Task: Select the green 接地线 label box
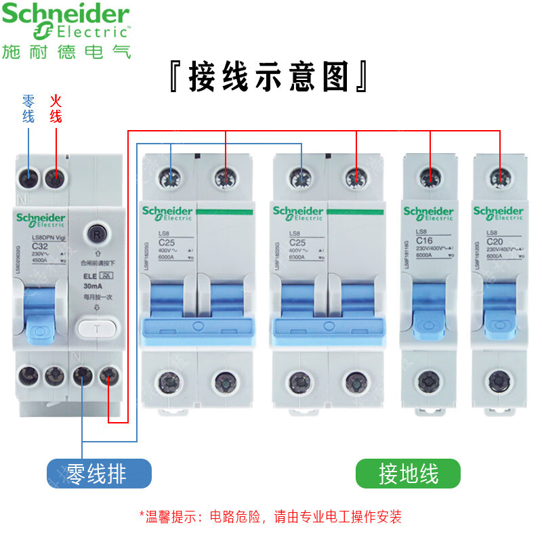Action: [408, 474]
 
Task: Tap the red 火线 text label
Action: [56, 108]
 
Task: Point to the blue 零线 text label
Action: [28, 108]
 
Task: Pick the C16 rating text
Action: [425, 241]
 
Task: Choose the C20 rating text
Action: [495, 241]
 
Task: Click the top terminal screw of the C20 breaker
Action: [499, 178]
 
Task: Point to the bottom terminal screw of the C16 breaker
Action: [429, 381]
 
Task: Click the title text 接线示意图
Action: [269, 77]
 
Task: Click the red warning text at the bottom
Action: [270, 517]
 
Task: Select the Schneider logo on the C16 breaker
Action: [428, 213]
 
